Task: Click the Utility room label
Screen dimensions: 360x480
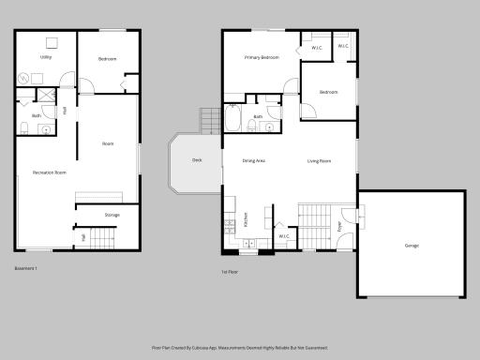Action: coord(45,57)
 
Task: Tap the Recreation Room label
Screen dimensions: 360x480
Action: coord(49,172)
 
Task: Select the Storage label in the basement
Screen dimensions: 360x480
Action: coord(112,216)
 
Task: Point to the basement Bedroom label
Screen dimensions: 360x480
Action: coord(108,59)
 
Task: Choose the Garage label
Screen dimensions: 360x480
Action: coord(412,246)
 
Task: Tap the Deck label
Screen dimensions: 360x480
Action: coord(197,160)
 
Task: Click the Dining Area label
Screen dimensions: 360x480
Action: coord(254,161)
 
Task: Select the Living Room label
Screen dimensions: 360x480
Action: coord(320,161)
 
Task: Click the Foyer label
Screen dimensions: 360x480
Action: coord(339,225)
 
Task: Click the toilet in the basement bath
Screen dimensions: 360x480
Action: coord(22,127)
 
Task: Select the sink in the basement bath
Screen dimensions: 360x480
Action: coord(45,129)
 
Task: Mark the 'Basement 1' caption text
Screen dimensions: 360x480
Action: coord(26,268)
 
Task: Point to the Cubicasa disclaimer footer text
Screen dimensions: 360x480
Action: coord(240,346)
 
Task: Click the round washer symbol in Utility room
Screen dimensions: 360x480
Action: coord(23,77)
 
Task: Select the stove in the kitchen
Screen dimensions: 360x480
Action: coord(229,224)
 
